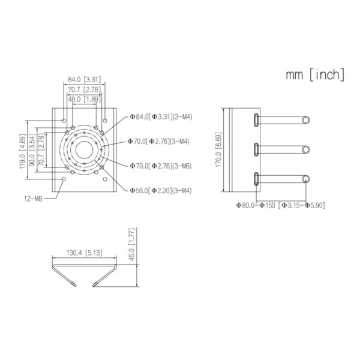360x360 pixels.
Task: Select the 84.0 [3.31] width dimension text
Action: tap(83, 79)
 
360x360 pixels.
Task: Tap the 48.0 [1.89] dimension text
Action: tap(83, 99)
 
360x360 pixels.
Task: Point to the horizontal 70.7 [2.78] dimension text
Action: tap(83, 89)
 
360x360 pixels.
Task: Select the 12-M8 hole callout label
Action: tap(35, 197)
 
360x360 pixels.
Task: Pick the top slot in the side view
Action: tap(256, 119)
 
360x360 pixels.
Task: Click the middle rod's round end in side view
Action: tap(306, 149)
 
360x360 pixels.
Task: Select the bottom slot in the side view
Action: tap(256, 179)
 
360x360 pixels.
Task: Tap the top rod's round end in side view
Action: tap(306, 120)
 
